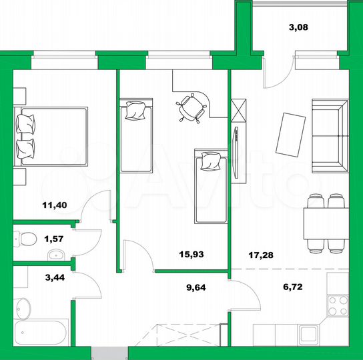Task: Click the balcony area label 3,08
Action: (298, 28)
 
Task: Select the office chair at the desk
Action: (192, 107)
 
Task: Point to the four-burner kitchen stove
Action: (338, 305)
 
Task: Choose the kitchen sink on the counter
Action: (308, 335)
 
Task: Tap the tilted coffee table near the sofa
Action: (292, 135)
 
